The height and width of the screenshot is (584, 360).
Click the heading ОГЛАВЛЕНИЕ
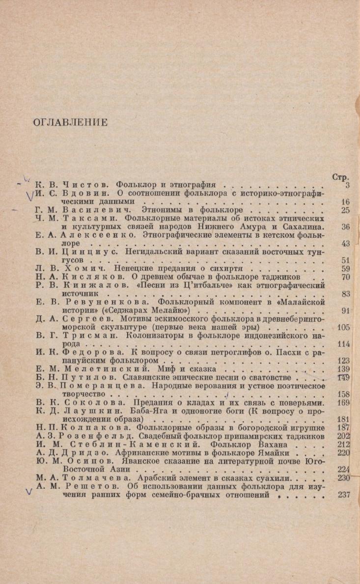pos(69,120)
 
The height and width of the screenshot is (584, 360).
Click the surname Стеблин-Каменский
pos(111,444)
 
